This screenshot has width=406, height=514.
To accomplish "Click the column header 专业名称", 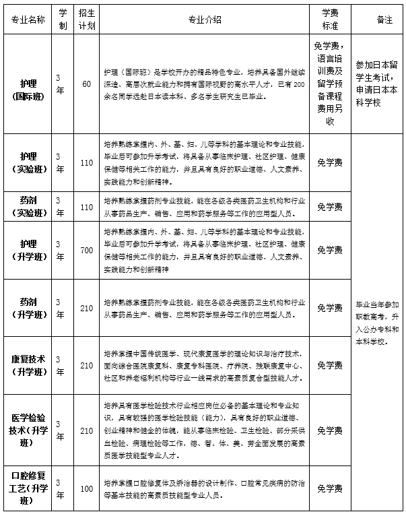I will point(28,19).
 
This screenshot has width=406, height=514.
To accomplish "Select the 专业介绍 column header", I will point(205,19).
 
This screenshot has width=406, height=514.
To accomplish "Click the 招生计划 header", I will point(86,19).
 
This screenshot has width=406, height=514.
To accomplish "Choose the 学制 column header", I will point(62,19).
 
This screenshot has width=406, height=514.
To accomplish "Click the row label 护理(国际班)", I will point(28,84).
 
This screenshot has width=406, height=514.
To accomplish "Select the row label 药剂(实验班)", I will point(28,206).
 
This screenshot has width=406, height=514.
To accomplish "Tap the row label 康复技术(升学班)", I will point(28,365).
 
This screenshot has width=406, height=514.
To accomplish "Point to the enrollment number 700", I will point(86,251).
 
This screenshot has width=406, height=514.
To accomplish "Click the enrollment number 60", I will point(86,84).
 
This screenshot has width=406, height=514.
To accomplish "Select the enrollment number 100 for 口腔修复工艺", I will point(86,488).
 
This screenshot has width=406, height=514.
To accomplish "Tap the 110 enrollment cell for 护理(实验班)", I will point(86,162).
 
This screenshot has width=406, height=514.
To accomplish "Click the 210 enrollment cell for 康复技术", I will point(86,365).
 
